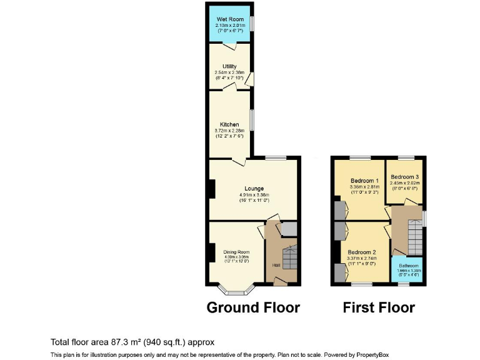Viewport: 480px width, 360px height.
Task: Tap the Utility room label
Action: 229,66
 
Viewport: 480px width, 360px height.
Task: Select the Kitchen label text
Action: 229,124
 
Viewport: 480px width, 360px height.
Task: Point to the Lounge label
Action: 254,188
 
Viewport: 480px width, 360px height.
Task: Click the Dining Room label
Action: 236,252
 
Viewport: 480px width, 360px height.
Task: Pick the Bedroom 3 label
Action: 405,177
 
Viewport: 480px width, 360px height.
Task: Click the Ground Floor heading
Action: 253,307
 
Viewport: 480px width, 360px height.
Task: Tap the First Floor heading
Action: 379,307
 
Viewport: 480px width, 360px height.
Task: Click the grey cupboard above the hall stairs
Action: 289,229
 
